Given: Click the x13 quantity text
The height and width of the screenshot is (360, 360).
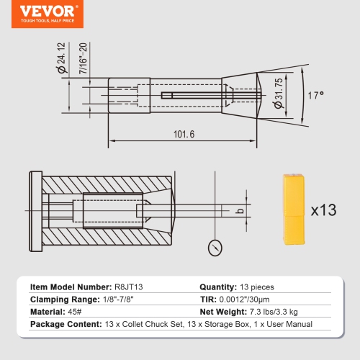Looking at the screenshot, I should (324, 211).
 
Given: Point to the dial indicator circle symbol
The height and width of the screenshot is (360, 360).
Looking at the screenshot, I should (215, 247).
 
